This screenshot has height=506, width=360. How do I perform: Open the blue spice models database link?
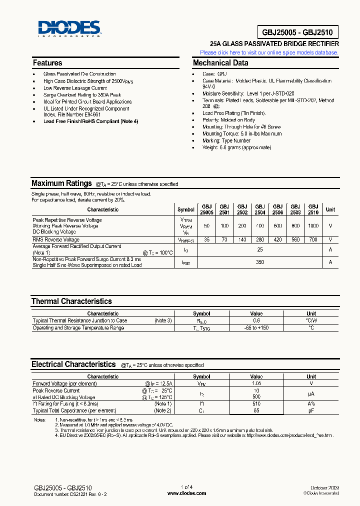pyautogui.click(x=269, y=52)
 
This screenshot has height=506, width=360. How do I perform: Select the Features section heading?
pyautogui.click(x=47, y=63)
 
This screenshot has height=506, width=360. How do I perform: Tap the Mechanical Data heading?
pyautogui.click(x=220, y=63)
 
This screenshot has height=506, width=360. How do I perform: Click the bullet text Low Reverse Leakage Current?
pyautogui.click(x=75, y=88)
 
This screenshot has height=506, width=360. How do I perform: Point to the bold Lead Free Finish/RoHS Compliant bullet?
pyautogui.click(x=90, y=121)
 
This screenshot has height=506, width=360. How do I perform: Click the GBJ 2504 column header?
pyautogui.click(x=260, y=209)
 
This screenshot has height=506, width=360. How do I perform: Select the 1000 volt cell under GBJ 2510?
pyautogui.click(x=313, y=226)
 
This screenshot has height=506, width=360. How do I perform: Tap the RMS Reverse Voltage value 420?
pyautogui.click(x=277, y=240)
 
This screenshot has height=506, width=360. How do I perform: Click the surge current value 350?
pyautogui.click(x=260, y=262)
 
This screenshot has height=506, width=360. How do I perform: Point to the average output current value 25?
pyautogui.click(x=260, y=249)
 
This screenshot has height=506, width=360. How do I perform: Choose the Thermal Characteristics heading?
pyautogui.click(x=71, y=301)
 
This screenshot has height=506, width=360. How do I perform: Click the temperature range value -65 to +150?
pyautogui.click(x=256, y=328)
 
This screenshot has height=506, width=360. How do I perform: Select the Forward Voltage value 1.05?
pyautogui.click(x=256, y=384)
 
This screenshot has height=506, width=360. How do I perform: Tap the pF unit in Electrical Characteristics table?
pyautogui.click(x=311, y=410)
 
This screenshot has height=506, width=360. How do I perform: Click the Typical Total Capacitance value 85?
pyautogui.click(x=256, y=410)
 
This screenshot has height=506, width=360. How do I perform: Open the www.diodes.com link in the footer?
pyautogui.click(x=186, y=493)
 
